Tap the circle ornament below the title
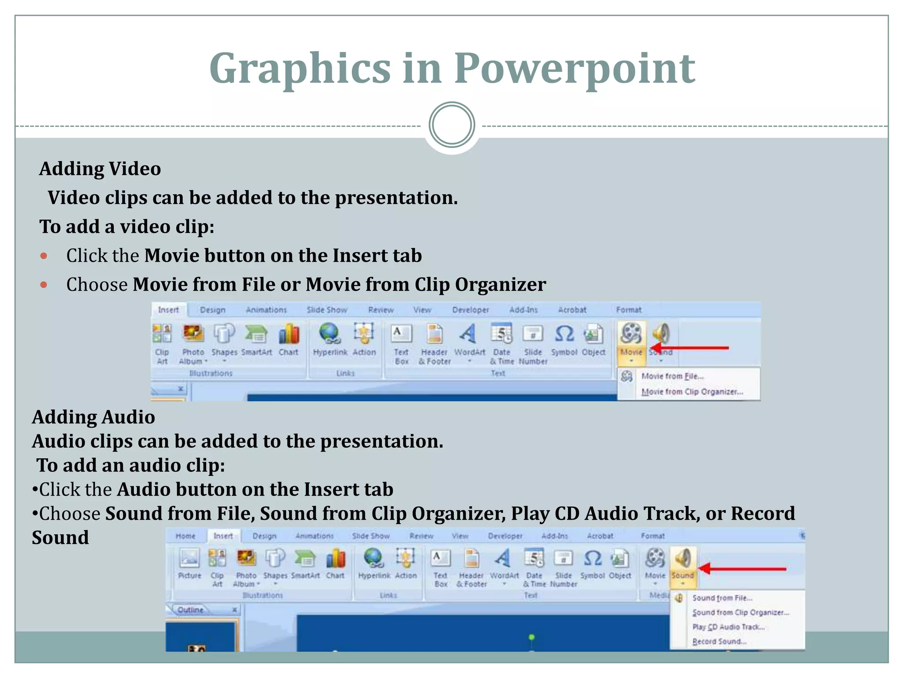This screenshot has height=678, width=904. tap(452, 125)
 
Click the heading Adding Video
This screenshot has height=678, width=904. tap(100, 169)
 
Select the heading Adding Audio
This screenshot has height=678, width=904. tap(94, 417)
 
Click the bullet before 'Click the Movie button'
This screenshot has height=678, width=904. tap(43, 256)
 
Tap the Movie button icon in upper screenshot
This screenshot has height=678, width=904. tap(631, 334)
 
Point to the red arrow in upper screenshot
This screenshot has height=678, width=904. tap(691, 348)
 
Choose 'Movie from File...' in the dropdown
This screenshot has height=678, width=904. tap(672, 376)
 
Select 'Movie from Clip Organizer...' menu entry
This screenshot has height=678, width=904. tap(692, 392)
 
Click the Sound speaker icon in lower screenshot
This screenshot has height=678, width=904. tap(683, 558)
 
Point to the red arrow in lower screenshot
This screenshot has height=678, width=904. tap(744, 569)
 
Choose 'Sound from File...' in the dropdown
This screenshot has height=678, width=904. tap(722, 598)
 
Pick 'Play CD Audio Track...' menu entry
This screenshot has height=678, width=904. tap(728, 627)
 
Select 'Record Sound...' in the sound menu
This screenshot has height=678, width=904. tap(719, 641)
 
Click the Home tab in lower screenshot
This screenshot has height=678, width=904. tap(185, 536)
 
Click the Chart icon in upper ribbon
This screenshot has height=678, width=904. tap(289, 334)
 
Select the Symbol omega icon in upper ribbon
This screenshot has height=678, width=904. tap(564, 334)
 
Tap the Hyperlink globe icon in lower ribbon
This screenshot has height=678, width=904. tap(374, 558)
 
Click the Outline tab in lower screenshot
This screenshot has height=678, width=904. tap(191, 610)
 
